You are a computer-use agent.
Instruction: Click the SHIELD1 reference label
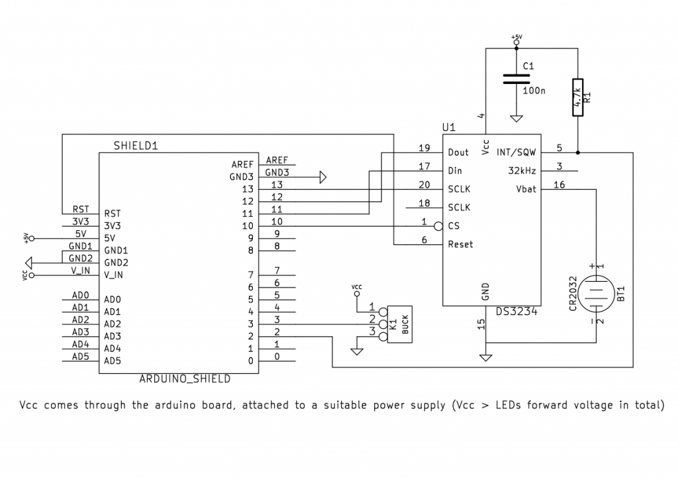click(x=135, y=146)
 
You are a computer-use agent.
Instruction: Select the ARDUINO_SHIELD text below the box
click(x=185, y=379)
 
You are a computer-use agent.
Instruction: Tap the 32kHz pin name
click(x=523, y=170)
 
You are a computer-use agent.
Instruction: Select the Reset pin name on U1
click(x=461, y=244)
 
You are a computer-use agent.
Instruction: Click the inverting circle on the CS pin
click(x=438, y=226)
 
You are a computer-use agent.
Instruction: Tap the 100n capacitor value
click(x=534, y=91)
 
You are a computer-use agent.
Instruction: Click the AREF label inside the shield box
click(x=242, y=164)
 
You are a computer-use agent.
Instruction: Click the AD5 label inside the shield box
click(x=113, y=361)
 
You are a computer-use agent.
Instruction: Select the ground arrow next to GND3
click(x=323, y=177)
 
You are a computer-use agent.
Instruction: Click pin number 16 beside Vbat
click(x=559, y=185)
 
